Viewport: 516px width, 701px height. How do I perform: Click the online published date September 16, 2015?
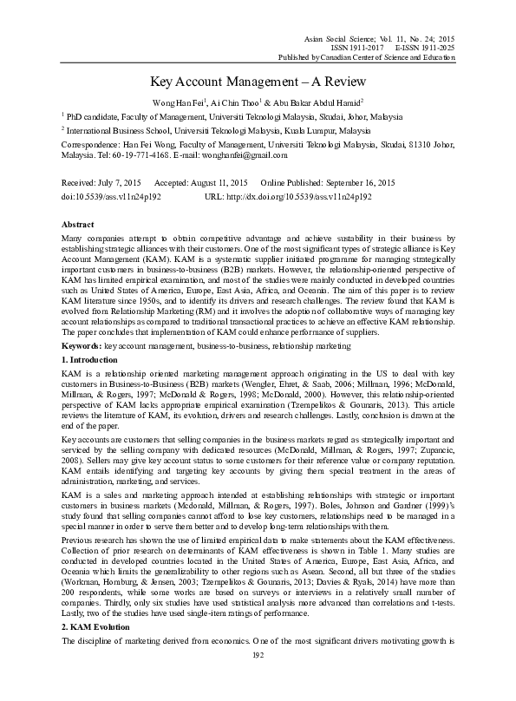[358, 184]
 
